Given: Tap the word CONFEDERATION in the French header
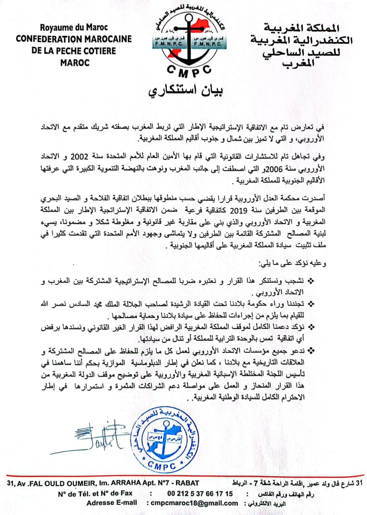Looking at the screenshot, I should coord(48,39).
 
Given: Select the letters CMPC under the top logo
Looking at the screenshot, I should coord(184,70).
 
